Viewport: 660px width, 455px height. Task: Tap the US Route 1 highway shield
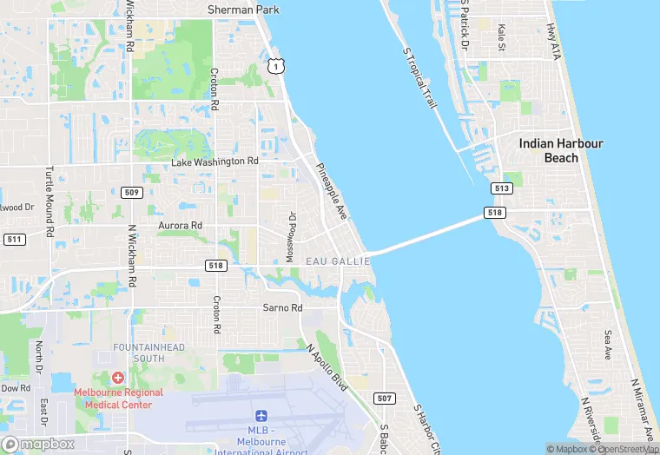[x=275, y=66]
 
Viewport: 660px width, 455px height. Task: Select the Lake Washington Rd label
[x=214, y=162]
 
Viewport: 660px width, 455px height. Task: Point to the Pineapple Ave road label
[x=331, y=190]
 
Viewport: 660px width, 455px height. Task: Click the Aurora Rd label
[x=179, y=225]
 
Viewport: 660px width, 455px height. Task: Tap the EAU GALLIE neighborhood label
[x=334, y=260]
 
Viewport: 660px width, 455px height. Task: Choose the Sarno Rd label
[x=282, y=308]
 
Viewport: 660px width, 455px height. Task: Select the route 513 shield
[x=502, y=188]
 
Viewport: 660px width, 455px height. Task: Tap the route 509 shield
[x=131, y=192]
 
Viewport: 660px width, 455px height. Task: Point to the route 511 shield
[x=13, y=239]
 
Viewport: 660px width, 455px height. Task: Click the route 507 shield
[x=383, y=399]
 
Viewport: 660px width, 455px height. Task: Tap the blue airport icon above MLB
[x=261, y=419]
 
